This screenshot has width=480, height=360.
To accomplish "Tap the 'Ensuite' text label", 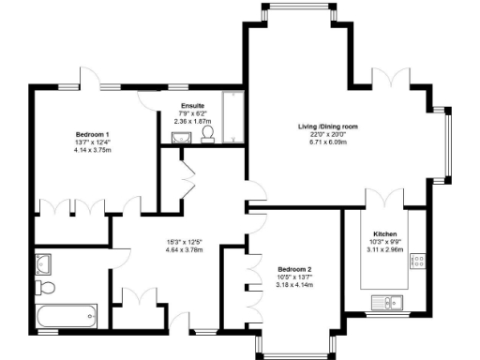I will pos(194,106).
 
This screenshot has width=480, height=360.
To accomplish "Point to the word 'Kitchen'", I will pos(386,232).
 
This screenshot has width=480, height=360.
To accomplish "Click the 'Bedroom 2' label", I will pos(294,270).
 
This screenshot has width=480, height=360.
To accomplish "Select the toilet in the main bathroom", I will pos(48,286).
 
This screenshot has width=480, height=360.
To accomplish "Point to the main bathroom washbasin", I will pos(41,263).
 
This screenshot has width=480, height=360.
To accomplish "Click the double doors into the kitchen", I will pos(385,199).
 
